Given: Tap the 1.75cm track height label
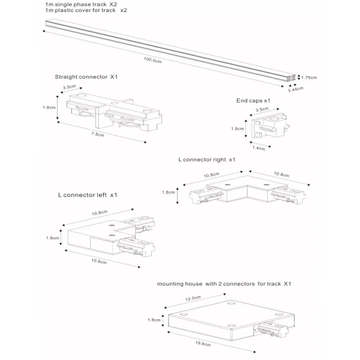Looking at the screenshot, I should (309, 77).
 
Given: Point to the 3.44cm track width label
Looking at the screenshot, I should (295, 89).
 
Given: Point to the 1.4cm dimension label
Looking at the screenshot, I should (259, 148).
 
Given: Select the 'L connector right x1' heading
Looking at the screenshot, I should (206, 160).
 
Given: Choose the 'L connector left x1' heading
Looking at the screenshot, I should (88, 195).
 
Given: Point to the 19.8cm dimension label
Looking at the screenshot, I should (202, 344).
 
